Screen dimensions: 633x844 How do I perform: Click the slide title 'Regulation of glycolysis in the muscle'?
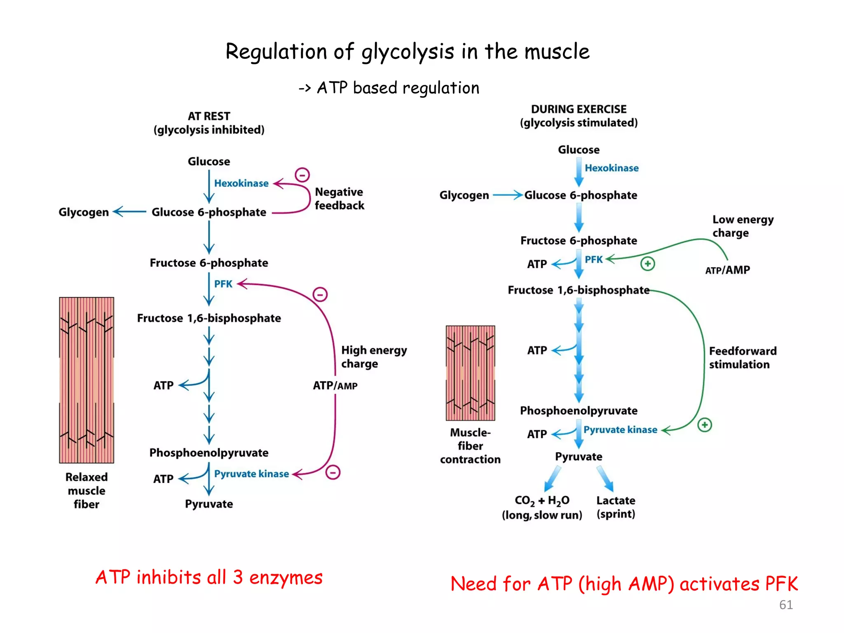(x=407, y=52)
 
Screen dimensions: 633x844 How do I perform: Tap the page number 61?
(x=785, y=605)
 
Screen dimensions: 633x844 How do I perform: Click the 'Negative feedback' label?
(x=339, y=199)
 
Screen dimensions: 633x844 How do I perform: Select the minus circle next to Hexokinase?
(x=302, y=175)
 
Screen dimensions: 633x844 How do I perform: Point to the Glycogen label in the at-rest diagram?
(x=84, y=212)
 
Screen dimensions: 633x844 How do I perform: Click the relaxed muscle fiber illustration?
(x=87, y=380)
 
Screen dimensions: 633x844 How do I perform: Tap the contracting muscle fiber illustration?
(x=470, y=373)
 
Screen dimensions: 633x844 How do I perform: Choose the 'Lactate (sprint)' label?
(x=616, y=507)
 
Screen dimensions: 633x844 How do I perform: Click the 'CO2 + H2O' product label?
(x=542, y=501)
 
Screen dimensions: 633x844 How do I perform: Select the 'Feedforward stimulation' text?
(x=742, y=358)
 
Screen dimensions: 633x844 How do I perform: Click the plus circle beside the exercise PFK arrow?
(x=647, y=264)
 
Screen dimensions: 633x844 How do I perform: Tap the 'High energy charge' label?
(x=373, y=357)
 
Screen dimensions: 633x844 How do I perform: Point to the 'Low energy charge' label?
(x=743, y=226)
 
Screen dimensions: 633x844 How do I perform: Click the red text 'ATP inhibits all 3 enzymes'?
(x=209, y=577)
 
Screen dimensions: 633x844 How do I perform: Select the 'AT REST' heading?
(x=209, y=116)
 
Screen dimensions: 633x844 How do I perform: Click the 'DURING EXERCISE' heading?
(x=579, y=109)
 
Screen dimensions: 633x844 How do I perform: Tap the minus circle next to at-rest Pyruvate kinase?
(x=333, y=472)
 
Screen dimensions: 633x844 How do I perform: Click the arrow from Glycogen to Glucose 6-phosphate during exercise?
(x=507, y=195)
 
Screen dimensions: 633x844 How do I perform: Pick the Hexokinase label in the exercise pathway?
(x=612, y=168)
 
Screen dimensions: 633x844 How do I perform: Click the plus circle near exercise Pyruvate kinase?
(x=704, y=425)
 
